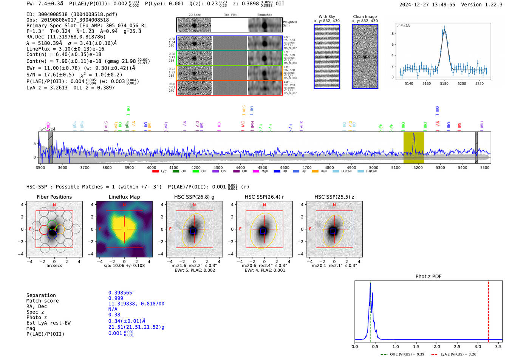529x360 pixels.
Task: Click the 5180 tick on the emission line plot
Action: [x=444, y=83]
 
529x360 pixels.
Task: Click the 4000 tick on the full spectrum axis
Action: [x=152, y=167]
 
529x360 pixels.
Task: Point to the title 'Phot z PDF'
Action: [x=428, y=277]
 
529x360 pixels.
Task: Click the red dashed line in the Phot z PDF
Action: [x=489, y=310]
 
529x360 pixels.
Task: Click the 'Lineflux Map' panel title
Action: [x=124, y=197]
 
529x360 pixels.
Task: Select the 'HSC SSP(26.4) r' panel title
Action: [x=264, y=197]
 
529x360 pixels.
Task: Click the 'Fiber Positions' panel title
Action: [x=54, y=197]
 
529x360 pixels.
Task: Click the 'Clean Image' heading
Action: [x=365, y=17]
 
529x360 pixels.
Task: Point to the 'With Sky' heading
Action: [x=327, y=17]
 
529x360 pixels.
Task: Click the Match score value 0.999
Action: [x=116, y=298]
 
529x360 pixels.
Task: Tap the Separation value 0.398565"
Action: [x=121, y=293]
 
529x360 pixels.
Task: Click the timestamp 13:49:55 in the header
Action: [x=442, y=5]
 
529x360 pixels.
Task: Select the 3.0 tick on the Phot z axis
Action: [x=478, y=346]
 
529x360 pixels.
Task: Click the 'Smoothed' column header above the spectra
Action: [x=264, y=15]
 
